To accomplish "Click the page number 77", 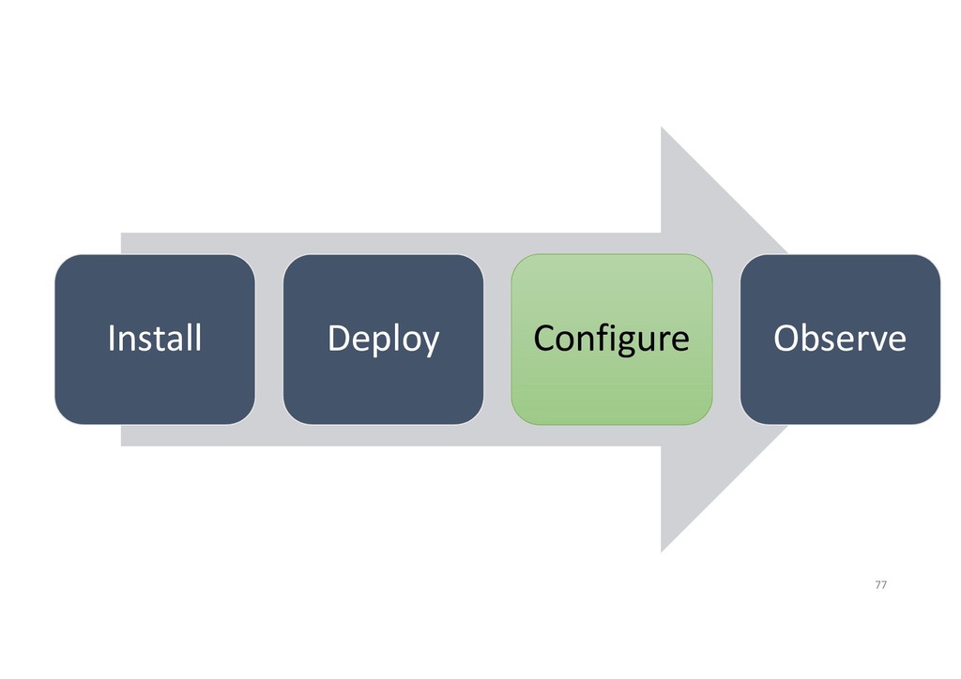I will pyautogui.click(x=880, y=585).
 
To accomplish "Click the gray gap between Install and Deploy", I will pyautogui.click(x=269, y=339).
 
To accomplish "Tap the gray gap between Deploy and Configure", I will pyautogui.click(x=497, y=339).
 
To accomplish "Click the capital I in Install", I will pyautogui.click(x=112, y=338).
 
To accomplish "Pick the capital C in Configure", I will pyautogui.click(x=544, y=339).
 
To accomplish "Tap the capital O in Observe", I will pyautogui.click(x=786, y=339).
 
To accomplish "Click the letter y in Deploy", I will pyautogui.click(x=429, y=343).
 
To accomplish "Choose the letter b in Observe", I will pyautogui.click(x=813, y=337).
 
